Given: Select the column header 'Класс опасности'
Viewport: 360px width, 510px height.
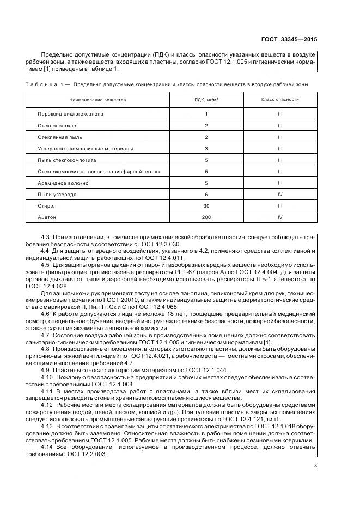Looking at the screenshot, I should coord(280,100).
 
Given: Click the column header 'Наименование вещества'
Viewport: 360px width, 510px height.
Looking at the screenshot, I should coord(97,100).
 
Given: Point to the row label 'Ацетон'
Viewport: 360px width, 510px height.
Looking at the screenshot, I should coord(47,217).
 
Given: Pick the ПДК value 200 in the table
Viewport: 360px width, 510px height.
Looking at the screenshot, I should coord(206,217).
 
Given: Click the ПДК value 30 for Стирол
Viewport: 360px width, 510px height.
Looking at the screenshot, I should coord(206,205).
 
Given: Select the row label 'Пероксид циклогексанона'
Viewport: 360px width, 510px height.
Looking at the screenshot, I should coord(70,114).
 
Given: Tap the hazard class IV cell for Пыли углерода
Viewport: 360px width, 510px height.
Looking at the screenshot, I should coord(280,194).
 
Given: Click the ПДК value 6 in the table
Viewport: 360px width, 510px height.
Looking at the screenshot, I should coord(206,194).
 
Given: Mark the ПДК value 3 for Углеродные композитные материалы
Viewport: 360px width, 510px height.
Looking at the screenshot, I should coord(206,148).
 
